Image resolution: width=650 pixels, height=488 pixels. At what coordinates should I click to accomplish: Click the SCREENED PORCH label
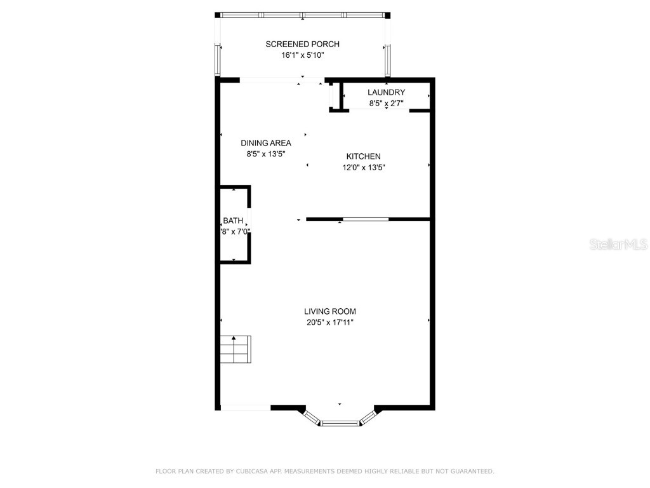tap(302, 44)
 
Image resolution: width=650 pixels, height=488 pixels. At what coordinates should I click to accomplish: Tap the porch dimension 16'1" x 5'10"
tap(302, 55)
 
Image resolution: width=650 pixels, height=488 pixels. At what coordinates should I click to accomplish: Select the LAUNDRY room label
tap(386, 93)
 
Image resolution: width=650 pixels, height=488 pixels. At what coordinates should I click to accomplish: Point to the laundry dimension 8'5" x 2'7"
tap(386, 103)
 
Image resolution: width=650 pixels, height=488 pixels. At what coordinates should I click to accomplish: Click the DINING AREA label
tap(266, 143)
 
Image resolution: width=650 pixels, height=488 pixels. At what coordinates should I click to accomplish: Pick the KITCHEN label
tap(363, 156)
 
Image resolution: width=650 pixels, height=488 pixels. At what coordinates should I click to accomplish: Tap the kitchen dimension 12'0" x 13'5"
tap(363, 168)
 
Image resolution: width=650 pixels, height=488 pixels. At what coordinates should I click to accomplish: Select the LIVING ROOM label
tap(329, 311)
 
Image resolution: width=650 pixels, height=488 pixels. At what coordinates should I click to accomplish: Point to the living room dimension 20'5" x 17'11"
tap(329, 322)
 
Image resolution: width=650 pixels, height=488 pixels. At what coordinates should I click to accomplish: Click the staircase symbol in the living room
tap(235, 349)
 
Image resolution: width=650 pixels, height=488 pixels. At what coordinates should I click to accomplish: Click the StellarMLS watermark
tap(618, 244)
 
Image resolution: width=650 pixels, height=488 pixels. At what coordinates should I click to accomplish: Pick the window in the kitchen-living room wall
tap(366, 219)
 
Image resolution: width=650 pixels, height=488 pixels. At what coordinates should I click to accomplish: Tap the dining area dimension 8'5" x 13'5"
tap(266, 154)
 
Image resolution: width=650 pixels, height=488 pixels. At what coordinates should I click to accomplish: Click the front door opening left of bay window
tap(245, 407)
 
